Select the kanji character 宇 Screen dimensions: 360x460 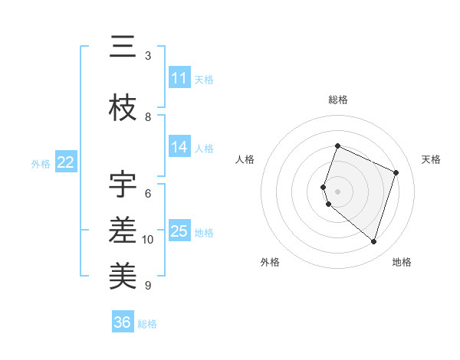(x=123, y=185)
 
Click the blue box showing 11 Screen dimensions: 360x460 (x=179, y=78)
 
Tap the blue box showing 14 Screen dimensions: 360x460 (x=179, y=147)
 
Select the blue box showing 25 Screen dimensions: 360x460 (x=179, y=231)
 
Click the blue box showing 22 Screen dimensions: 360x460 (x=66, y=162)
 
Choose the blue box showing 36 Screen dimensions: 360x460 (x=123, y=322)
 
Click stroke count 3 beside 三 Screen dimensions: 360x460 (x=148, y=56)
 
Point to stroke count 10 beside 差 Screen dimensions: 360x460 (x=148, y=240)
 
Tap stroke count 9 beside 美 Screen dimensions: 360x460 (x=148, y=286)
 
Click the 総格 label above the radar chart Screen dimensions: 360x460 (x=338, y=100)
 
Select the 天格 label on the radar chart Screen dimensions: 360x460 (x=431, y=159)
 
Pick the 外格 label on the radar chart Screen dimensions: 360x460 (x=270, y=262)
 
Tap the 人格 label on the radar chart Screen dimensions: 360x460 (x=245, y=159)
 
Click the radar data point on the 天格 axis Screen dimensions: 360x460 (x=396, y=172)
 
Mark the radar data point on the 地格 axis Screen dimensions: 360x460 (x=373, y=241)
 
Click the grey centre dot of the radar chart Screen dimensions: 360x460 (x=338, y=191)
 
